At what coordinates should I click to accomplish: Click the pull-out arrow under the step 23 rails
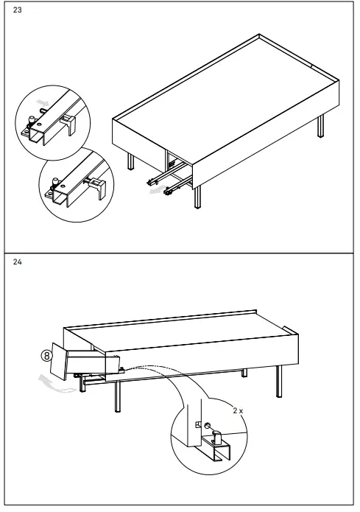[153, 189]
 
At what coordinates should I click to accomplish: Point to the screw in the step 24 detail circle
[208, 427]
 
